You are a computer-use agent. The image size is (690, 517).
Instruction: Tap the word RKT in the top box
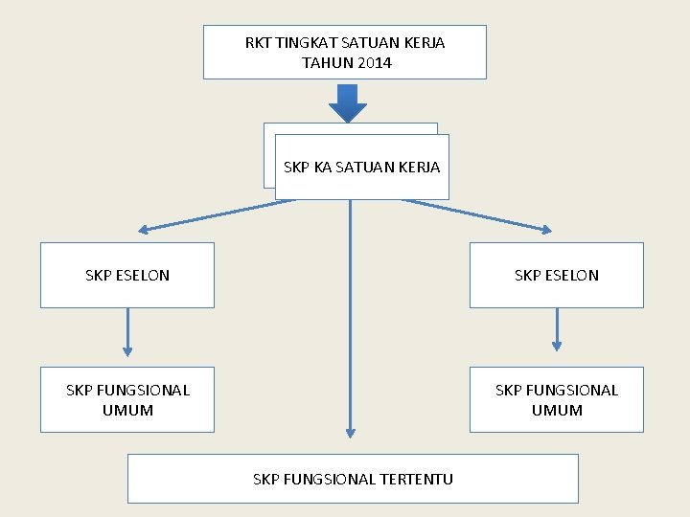click(258, 43)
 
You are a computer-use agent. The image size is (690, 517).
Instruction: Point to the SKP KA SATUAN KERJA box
click(361, 168)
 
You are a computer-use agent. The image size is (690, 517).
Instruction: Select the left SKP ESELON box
click(126, 275)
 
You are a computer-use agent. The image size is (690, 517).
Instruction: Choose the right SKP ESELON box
click(556, 275)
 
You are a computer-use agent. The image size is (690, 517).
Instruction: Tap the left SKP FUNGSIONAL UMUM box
click(126, 399)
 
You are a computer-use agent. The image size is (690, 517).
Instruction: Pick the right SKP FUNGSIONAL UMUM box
click(556, 399)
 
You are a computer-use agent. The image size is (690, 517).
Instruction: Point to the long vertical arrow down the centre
click(350, 326)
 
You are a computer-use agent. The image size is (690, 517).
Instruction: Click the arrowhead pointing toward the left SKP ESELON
click(144, 230)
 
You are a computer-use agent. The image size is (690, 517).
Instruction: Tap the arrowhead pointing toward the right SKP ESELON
click(546, 230)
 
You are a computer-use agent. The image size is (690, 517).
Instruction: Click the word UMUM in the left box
click(127, 410)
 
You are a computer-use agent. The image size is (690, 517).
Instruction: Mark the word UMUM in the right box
click(557, 410)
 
